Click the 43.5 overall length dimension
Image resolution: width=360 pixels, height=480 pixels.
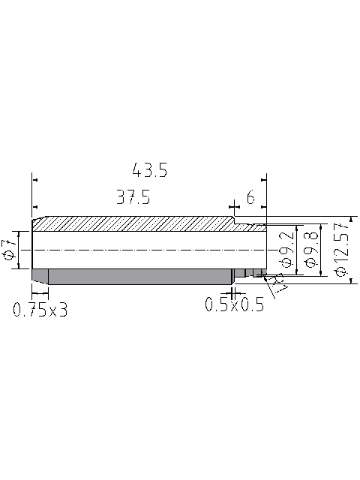149,170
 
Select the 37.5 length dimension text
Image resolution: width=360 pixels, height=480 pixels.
133,198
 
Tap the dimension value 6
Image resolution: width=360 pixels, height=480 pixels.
250,198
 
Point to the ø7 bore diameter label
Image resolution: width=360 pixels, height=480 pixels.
9,250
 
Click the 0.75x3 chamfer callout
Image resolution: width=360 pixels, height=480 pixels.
40,309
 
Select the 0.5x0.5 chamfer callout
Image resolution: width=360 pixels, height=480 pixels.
235,305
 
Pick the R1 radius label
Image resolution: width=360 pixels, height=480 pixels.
277,284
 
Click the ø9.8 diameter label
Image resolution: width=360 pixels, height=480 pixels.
309,251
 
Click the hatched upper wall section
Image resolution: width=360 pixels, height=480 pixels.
135,224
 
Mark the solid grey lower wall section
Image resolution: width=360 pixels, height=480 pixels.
135,275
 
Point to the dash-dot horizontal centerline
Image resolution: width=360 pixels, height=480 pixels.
150,250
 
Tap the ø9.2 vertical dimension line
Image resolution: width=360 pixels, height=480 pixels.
298,251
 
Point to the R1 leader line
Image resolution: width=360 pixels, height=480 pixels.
274,289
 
